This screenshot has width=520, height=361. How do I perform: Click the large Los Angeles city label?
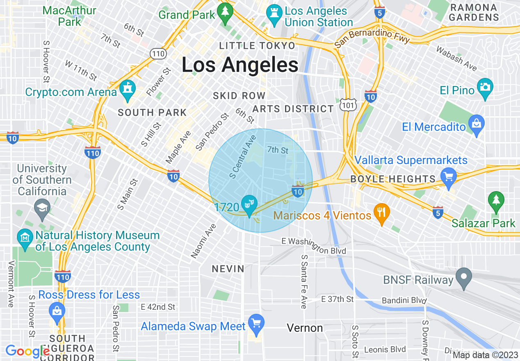coord(240,65)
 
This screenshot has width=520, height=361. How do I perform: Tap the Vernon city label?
coord(305,328)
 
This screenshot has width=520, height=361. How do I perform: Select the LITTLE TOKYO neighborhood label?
coord(257,46)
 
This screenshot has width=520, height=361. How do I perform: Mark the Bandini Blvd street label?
coord(404,301)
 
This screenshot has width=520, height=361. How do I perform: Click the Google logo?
coord(28,351)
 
